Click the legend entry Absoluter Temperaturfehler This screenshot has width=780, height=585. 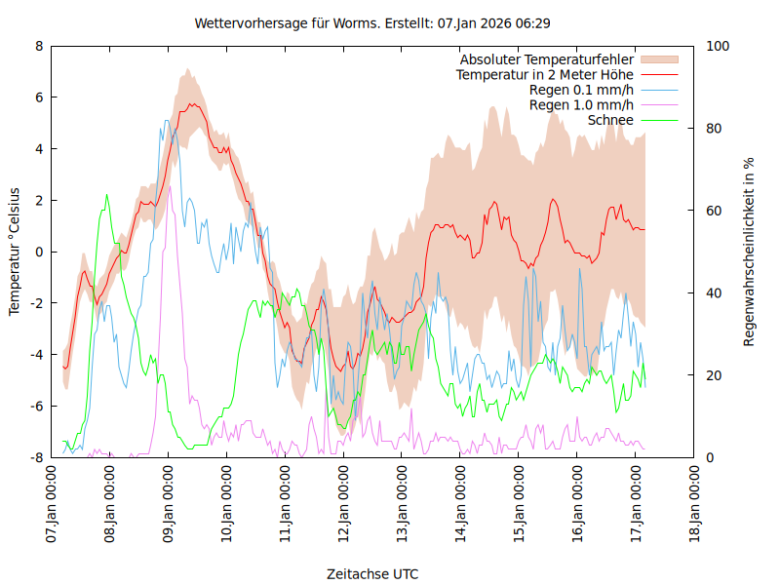point(547,59)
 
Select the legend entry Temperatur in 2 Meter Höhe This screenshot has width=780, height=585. point(545,74)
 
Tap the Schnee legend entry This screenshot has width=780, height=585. point(611,120)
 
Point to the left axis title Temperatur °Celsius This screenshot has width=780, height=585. point(15,251)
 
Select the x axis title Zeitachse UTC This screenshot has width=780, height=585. point(372,574)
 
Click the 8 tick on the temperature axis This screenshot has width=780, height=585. point(39,46)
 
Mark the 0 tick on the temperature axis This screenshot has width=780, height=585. point(39,252)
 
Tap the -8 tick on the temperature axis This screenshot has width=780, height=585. point(36,457)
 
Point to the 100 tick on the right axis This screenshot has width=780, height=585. point(718,46)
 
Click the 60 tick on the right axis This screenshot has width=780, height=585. point(714,211)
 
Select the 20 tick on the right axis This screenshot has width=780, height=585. point(714,375)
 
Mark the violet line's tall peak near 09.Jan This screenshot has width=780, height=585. point(170,187)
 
